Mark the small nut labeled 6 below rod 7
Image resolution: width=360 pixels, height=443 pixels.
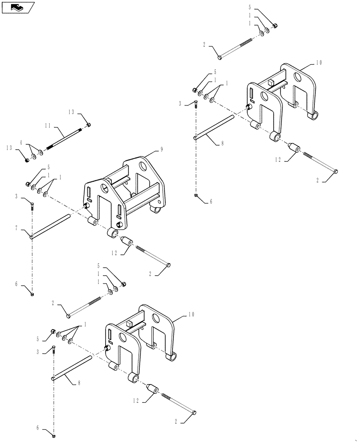pyautogui.click(x=32, y=293)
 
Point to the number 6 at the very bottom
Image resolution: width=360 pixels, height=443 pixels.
pyautogui.click(x=39, y=428)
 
